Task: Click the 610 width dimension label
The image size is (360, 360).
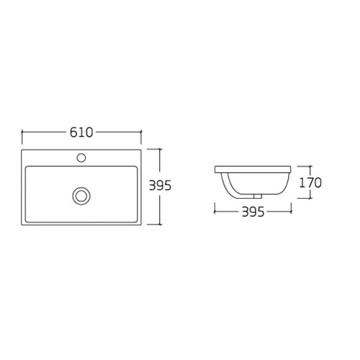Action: pos(81,132)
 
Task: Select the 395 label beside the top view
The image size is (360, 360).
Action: pos(160,185)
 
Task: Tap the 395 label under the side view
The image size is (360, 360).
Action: pos(253,212)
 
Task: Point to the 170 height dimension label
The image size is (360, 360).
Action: pos(310,183)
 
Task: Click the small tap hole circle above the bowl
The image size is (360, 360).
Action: pos(81,158)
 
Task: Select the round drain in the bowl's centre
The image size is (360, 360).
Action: pos(81,196)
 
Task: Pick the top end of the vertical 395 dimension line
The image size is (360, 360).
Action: pos(160,149)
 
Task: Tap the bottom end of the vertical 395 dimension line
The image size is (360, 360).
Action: pos(160,225)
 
